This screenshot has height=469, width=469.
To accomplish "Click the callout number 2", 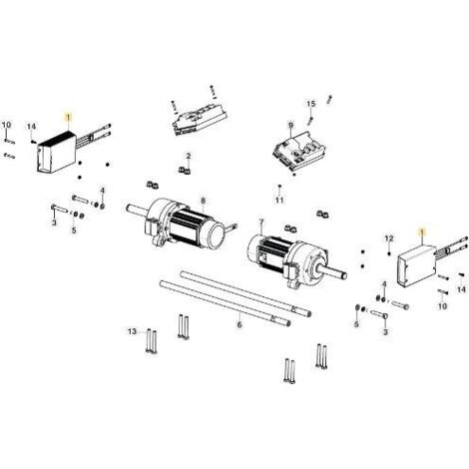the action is pyautogui.click(x=189, y=156).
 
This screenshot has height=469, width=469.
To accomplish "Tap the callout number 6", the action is pyautogui.click(x=239, y=324).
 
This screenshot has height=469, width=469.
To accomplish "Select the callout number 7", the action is pyautogui.click(x=261, y=222).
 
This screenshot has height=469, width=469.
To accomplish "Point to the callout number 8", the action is pyautogui.click(x=204, y=201).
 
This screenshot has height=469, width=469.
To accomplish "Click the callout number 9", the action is pyautogui.click(x=291, y=126).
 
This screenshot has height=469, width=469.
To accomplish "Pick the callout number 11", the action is pyautogui.click(x=279, y=200).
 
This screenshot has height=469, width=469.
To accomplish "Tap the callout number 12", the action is pyautogui.click(x=389, y=238).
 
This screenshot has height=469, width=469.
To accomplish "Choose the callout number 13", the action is pyautogui.click(x=132, y=331).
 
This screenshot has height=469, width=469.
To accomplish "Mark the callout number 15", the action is pyautogui.click(x=310, y=104).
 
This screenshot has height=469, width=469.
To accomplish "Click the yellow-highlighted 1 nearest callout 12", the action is pyautogui.click(x=422, y=232).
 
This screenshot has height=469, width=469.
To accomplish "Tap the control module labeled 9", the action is pyautogui.click(x=298, y=153).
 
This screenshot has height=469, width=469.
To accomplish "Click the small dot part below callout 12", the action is pyautogui.click(x=388, y=254).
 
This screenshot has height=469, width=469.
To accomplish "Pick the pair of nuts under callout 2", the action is pyautogui.click(x=185, y=171).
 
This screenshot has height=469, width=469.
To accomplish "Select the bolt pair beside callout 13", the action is pyautogui.click(x=151, y=341).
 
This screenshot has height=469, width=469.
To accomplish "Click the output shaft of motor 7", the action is pyautogui.click(x=333, y=272).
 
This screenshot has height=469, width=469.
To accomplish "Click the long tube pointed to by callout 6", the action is pyautogui.click(x=225, y=302).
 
